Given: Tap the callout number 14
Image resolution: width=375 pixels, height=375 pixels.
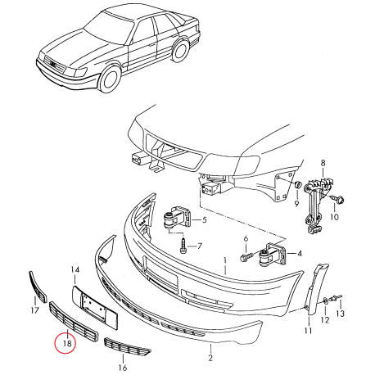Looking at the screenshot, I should pyautogui.click(x=75, y=269).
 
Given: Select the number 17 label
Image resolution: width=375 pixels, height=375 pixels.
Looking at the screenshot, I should pyautogui.click(x=34, y=310).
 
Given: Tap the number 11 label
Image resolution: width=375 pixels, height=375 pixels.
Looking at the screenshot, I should pyautogui.click(x=308, y=333).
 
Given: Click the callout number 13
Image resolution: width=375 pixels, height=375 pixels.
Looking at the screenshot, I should pyautogui.click(x=341, y=314).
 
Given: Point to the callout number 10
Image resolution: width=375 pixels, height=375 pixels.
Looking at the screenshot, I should pyautogui.click(x=333, y=219).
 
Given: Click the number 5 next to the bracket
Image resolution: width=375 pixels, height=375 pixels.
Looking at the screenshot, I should pyautogui.click(x=204, y=220).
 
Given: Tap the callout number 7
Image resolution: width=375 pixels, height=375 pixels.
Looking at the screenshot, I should pyautogui.click(x=199, y=245).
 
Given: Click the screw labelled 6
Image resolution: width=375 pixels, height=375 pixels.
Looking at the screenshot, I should pyautogui.click(x=244, y=257).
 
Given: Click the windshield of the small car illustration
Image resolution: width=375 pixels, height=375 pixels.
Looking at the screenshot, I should pyautogui.click(x=106, y=29).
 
